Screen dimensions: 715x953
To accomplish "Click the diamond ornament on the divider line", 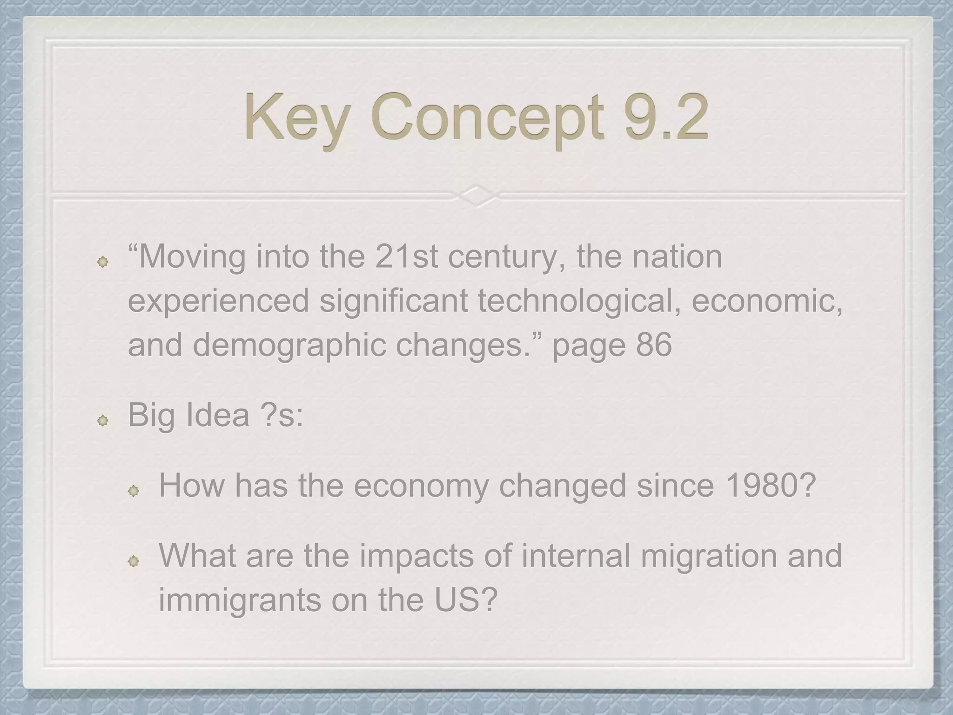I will pyautogui.click(x=476, y=196).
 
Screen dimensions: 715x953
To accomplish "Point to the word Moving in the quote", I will pyautogui.click(x=191, y=257).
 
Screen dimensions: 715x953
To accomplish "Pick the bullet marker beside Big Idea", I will pyautogui.click(x=103, y=421).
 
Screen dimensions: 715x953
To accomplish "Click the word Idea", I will pyautogui.click(x=217, y=415).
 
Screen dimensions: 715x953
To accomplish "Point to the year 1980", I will pyautogui.click(x=764, y=486).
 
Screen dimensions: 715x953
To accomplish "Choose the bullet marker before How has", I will pyautogui.click(x=134, y=491).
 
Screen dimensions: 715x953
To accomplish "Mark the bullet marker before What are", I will pyautogui.click(x=134, y=561).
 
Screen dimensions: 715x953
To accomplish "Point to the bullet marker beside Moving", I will pyautogui.click(x=103, y=263).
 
